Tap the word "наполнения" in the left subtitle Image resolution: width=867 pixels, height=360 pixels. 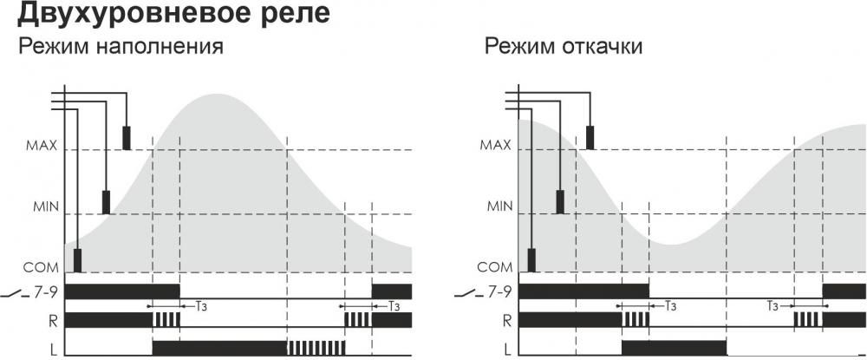[x=160, y=47]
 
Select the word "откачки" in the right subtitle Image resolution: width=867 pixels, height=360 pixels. [x=603, y=47]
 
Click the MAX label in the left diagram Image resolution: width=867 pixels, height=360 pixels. [x=42, y=146]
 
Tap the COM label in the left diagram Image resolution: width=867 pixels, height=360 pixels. [x=41, y=268]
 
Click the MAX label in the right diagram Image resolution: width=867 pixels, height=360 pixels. [x=495, y=146]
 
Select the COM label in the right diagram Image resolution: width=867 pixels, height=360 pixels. [x=495, y=268]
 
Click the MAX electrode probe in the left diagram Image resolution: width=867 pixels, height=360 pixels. [x=127, y=138]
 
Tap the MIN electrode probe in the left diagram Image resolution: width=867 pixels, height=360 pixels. [x=106, y=202]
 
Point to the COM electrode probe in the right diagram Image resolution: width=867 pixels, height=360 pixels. [x=531, y=260]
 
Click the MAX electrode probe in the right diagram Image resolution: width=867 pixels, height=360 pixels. [x=590, y=138]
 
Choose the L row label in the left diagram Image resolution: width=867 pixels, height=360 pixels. [x=53, y=349]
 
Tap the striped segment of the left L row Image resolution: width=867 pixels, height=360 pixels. [x=316, y=348]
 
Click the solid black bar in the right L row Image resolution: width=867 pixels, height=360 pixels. [x=674, y=348]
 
